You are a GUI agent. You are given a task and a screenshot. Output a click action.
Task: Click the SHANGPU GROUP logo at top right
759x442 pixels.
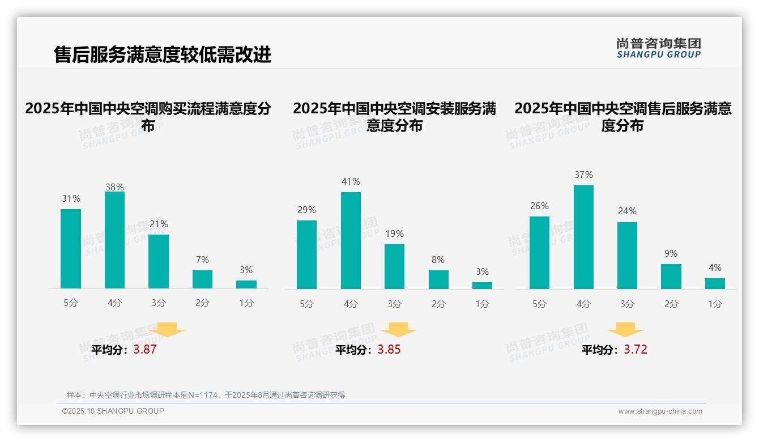click(658, 48)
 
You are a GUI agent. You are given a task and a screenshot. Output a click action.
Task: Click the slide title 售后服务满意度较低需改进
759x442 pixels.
click(163, 55)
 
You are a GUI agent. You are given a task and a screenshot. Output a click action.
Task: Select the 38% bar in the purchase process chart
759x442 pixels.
click(114, 240)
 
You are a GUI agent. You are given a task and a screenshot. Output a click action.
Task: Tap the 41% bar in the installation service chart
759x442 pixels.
click(351, 240)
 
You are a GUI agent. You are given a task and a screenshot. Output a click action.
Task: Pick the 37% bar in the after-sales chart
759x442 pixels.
click(583, 237)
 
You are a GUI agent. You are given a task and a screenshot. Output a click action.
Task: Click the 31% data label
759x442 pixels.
click(71, 198)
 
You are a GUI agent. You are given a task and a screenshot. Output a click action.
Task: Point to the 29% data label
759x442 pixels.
click(306, 210)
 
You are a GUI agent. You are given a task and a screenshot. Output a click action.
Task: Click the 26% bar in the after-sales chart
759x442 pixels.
click(539, 253)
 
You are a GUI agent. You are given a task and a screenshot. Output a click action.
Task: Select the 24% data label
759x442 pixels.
click(627, 211)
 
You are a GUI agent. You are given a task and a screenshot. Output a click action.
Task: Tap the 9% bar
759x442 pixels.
click(671, 277)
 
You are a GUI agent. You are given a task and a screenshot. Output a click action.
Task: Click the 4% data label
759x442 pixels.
click(715, 267)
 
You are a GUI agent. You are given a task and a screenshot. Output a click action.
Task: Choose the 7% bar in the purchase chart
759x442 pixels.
click(202, 279)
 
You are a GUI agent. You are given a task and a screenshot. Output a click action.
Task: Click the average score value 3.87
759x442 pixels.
click(145, 350)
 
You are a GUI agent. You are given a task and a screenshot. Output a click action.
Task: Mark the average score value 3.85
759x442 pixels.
click(389, 350)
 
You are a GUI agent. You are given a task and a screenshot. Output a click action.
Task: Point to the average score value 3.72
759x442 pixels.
click(636, 350)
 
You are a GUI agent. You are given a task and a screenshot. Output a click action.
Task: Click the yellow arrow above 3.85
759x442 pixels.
click(398, 330)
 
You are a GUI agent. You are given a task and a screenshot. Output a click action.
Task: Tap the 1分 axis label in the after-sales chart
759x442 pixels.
click(715, 304)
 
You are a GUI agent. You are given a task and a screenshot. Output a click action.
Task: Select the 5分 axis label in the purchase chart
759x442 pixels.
click(71, 303)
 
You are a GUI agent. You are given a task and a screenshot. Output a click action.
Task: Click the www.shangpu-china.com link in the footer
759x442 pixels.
click(660, 411)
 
